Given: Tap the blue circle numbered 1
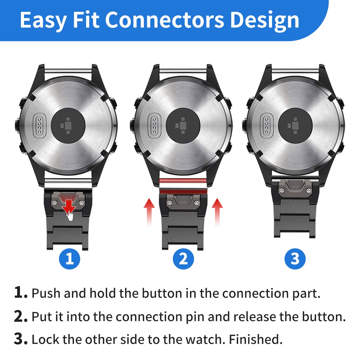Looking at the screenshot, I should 70,259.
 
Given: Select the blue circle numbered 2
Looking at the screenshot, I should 183,259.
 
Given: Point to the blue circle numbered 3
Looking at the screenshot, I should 295,259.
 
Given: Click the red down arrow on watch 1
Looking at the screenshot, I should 68,206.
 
